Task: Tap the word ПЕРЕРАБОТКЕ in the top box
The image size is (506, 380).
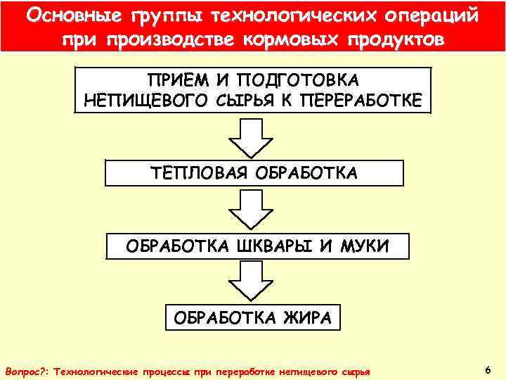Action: pos(361,101)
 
